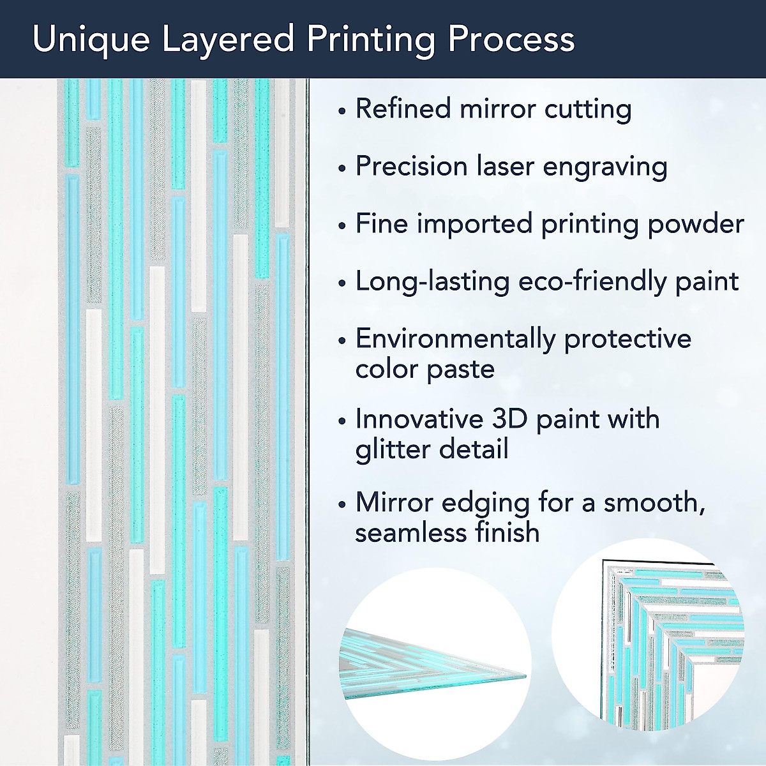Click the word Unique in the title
(x=91, y=40)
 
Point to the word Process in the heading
(x=511, y=39)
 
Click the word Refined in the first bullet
(x=403, y=108)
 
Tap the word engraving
(x=605, y=167)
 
